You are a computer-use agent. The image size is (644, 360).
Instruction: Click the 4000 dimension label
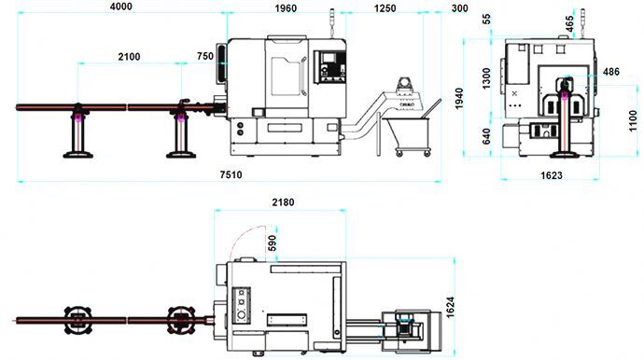120,7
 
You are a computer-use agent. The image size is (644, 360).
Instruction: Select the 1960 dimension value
286,8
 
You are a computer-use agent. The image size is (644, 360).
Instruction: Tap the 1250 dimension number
385,8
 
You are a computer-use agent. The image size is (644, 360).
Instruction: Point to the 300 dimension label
459,8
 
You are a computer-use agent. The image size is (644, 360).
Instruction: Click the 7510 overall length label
231,174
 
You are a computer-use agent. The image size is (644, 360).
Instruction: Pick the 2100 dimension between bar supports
129,57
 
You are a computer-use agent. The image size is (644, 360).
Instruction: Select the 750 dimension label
205,56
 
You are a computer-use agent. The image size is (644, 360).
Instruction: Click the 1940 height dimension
459,99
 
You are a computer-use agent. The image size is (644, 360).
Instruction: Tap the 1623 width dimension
552,175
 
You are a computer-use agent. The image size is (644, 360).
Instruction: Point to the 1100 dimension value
634,120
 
